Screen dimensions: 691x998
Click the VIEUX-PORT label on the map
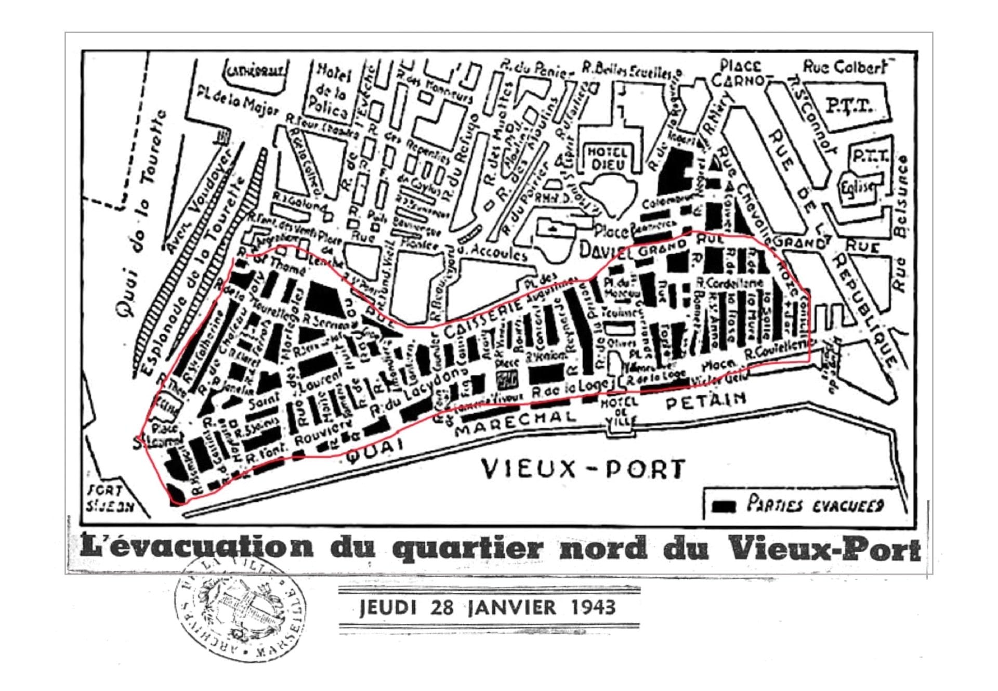coord(582,469)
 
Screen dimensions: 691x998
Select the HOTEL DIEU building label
coord(607,158)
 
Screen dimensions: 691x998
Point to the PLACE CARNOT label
coord(742,74)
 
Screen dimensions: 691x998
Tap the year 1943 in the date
coord(593,607)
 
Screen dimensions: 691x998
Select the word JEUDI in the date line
coord(388,607)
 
